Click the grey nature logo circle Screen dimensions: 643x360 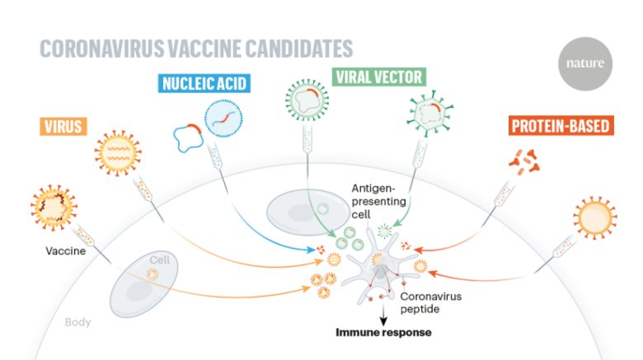pos(585,63)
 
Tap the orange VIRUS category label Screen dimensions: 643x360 pos(63,126)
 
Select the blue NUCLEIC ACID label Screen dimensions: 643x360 pos(204,83)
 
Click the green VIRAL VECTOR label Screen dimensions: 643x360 pos(379,77)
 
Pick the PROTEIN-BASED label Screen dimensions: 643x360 pos(561,125)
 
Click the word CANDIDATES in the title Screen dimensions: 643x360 pos(299,49)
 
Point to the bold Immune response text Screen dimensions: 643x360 pos(383,332)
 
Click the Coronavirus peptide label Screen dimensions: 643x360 pos(430,302)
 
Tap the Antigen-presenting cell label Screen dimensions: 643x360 pos(378,201)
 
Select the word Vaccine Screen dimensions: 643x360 pos(66,251)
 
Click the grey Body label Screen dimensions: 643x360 pos(77,322)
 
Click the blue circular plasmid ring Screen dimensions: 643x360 pos(188,138)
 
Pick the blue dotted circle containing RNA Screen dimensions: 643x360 pos(223,119)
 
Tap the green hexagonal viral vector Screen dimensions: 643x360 pos(429,113)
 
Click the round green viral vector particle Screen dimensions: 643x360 pos(307,100)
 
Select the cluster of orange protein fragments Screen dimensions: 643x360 pos(524,162)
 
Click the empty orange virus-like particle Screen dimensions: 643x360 pos(594,217)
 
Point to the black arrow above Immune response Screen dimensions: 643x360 pos(383,315)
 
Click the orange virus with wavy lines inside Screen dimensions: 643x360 pos(118,153)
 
